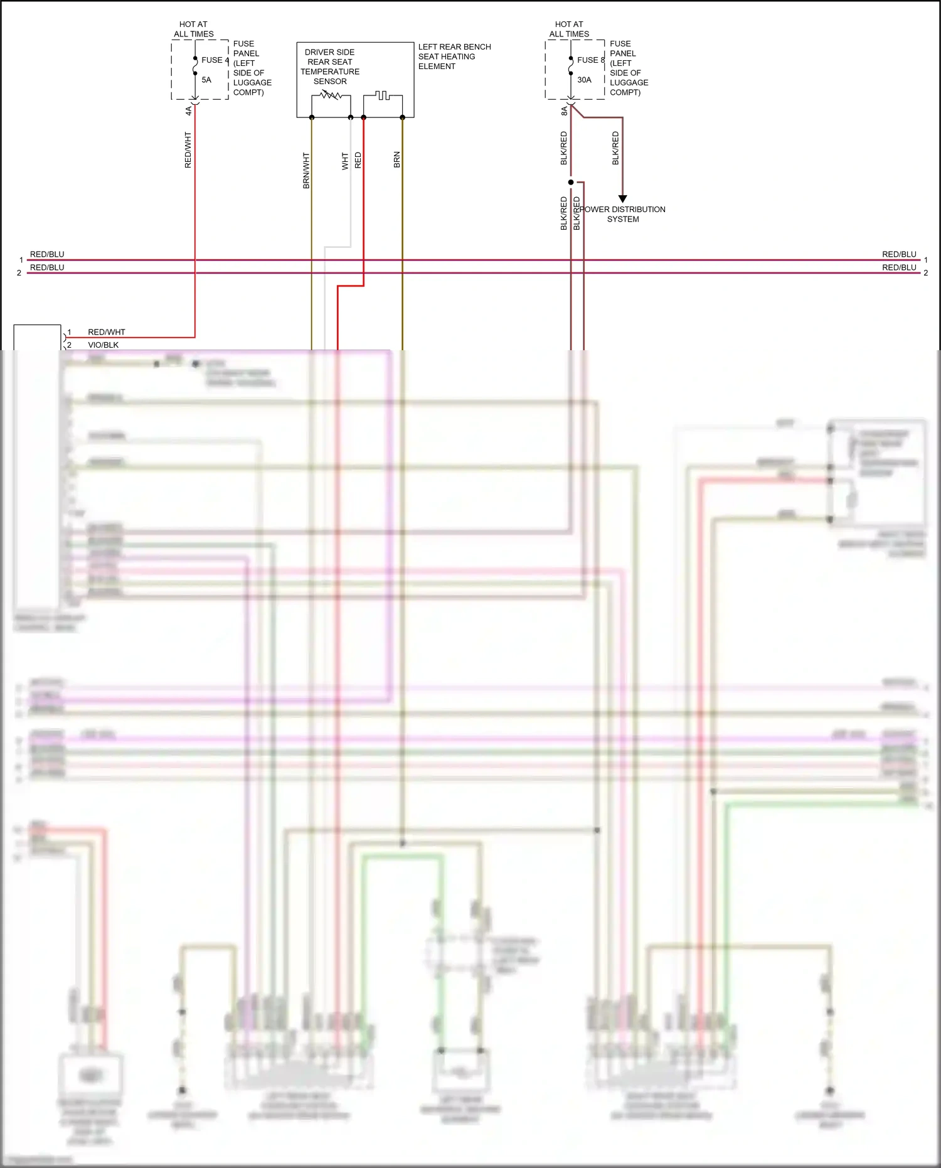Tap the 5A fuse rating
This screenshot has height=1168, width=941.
[206, 80]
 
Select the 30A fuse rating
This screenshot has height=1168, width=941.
[584, 80]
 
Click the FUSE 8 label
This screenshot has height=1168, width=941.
[590, 60]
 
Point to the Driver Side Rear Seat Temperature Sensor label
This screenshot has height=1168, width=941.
[330, 67]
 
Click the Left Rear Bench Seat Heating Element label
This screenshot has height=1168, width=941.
[454, 56]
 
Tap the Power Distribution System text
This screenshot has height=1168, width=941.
[623, 214]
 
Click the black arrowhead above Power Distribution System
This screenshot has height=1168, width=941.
[622, 198]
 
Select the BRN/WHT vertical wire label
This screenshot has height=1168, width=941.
[306, 171]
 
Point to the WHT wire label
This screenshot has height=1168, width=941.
[345, 161]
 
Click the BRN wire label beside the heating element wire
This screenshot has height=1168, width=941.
[396, 159]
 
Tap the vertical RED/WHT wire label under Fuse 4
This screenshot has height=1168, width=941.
[188, 149]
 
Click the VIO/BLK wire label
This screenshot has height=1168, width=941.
[103, 345]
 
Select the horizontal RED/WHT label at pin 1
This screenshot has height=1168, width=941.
[106, 332]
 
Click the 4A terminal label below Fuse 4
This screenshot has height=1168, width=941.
[188, 110]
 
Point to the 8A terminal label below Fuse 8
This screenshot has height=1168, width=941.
[564, 110]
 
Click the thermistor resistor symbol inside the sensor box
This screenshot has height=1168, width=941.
[331, 95]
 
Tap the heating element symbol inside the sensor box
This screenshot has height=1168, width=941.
[382, 95]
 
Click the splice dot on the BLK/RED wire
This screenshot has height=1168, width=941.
[571, 182]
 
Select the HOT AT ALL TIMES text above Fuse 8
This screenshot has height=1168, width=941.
[569, 29]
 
